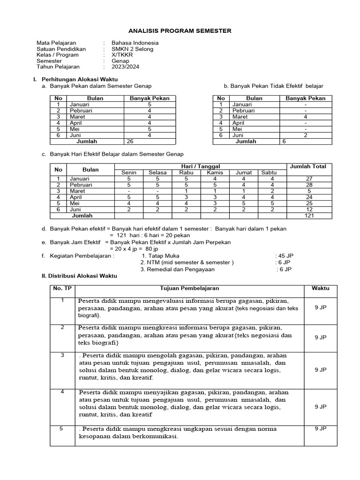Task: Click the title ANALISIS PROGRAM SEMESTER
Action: [180, 31]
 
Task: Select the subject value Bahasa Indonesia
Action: [135, 43]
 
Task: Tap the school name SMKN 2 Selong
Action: [132, 49]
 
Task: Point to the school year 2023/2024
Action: [125, 67]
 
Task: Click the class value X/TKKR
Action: [122, 55]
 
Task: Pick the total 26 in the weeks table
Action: [130, 141]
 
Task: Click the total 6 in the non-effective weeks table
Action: [284, 141]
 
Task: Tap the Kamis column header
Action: [215, 172]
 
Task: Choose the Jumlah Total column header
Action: [308, 166]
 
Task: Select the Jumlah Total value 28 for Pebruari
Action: [308, 185]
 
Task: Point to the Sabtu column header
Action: [269, 172]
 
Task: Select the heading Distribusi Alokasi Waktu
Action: [79, 276]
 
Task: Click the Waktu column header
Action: [321, 288]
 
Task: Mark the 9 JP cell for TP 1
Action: [321, 308]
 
